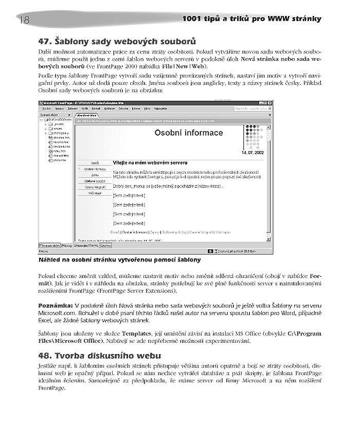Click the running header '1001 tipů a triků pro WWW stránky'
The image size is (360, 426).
coord(252,19)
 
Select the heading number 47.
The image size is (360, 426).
coord(45,41)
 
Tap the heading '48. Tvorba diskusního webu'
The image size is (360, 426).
coord(100,355)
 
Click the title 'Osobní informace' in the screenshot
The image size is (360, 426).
coord(189,133)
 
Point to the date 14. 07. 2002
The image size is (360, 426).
coord(252,153)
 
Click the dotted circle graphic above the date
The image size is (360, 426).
coord(254,136)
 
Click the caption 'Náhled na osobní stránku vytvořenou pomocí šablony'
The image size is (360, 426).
coord(119,260)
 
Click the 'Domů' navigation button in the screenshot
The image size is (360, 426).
coord(95,162)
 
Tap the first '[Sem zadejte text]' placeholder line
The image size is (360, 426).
coord(129,195)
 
